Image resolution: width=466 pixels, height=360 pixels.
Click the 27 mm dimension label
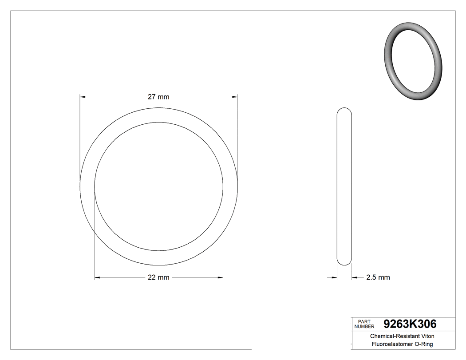click(x=158, y=97)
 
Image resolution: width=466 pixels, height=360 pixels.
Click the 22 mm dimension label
click(x=158, y=277)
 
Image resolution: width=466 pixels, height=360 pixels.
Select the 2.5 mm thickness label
click(x=378, y=277)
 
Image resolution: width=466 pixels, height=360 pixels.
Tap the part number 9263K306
click(x=410, y=324)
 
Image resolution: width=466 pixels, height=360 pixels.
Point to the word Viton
click(x=425, y=336)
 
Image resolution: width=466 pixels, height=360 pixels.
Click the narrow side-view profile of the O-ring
click(x=344, y=186)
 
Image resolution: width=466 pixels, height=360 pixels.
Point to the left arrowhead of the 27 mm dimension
click(x=83, y=96)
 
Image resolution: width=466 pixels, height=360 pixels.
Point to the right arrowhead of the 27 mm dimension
click(x=235, y=96)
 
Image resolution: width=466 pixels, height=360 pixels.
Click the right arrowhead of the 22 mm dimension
click(x=220, y=278)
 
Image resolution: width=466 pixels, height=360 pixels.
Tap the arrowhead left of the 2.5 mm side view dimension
click(x=334, y=278)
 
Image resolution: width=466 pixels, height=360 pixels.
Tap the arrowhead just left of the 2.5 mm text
click(x=355, y=278)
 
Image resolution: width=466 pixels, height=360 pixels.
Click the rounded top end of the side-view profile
click(x=344, y=110)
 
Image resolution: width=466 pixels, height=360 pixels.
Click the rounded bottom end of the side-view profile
click(x=344, y=263)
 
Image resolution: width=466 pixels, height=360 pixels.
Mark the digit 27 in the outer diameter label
click(x=151, y=97)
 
